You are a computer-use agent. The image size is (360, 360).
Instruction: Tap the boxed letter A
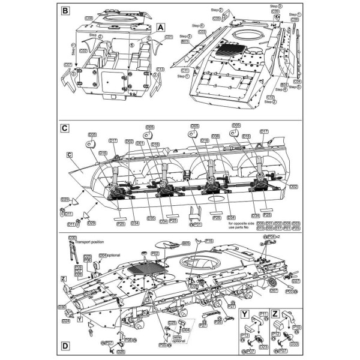pyautogui.click(x=160, y=27)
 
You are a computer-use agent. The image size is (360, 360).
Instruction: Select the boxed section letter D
pyautogui.click(x=66, y=346)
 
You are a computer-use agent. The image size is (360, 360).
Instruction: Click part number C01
pyautogui.click(x=169, y=37)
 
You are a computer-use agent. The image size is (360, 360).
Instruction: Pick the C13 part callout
pyautogui.click(x=160, y=70)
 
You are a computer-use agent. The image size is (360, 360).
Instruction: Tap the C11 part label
pyautogui.click(x=185, y=70)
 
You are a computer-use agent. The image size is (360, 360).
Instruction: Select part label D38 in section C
pyautogui.click(x=215, y=136)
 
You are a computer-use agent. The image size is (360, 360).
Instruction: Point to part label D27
pyautogui.click(x=295, y=281)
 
